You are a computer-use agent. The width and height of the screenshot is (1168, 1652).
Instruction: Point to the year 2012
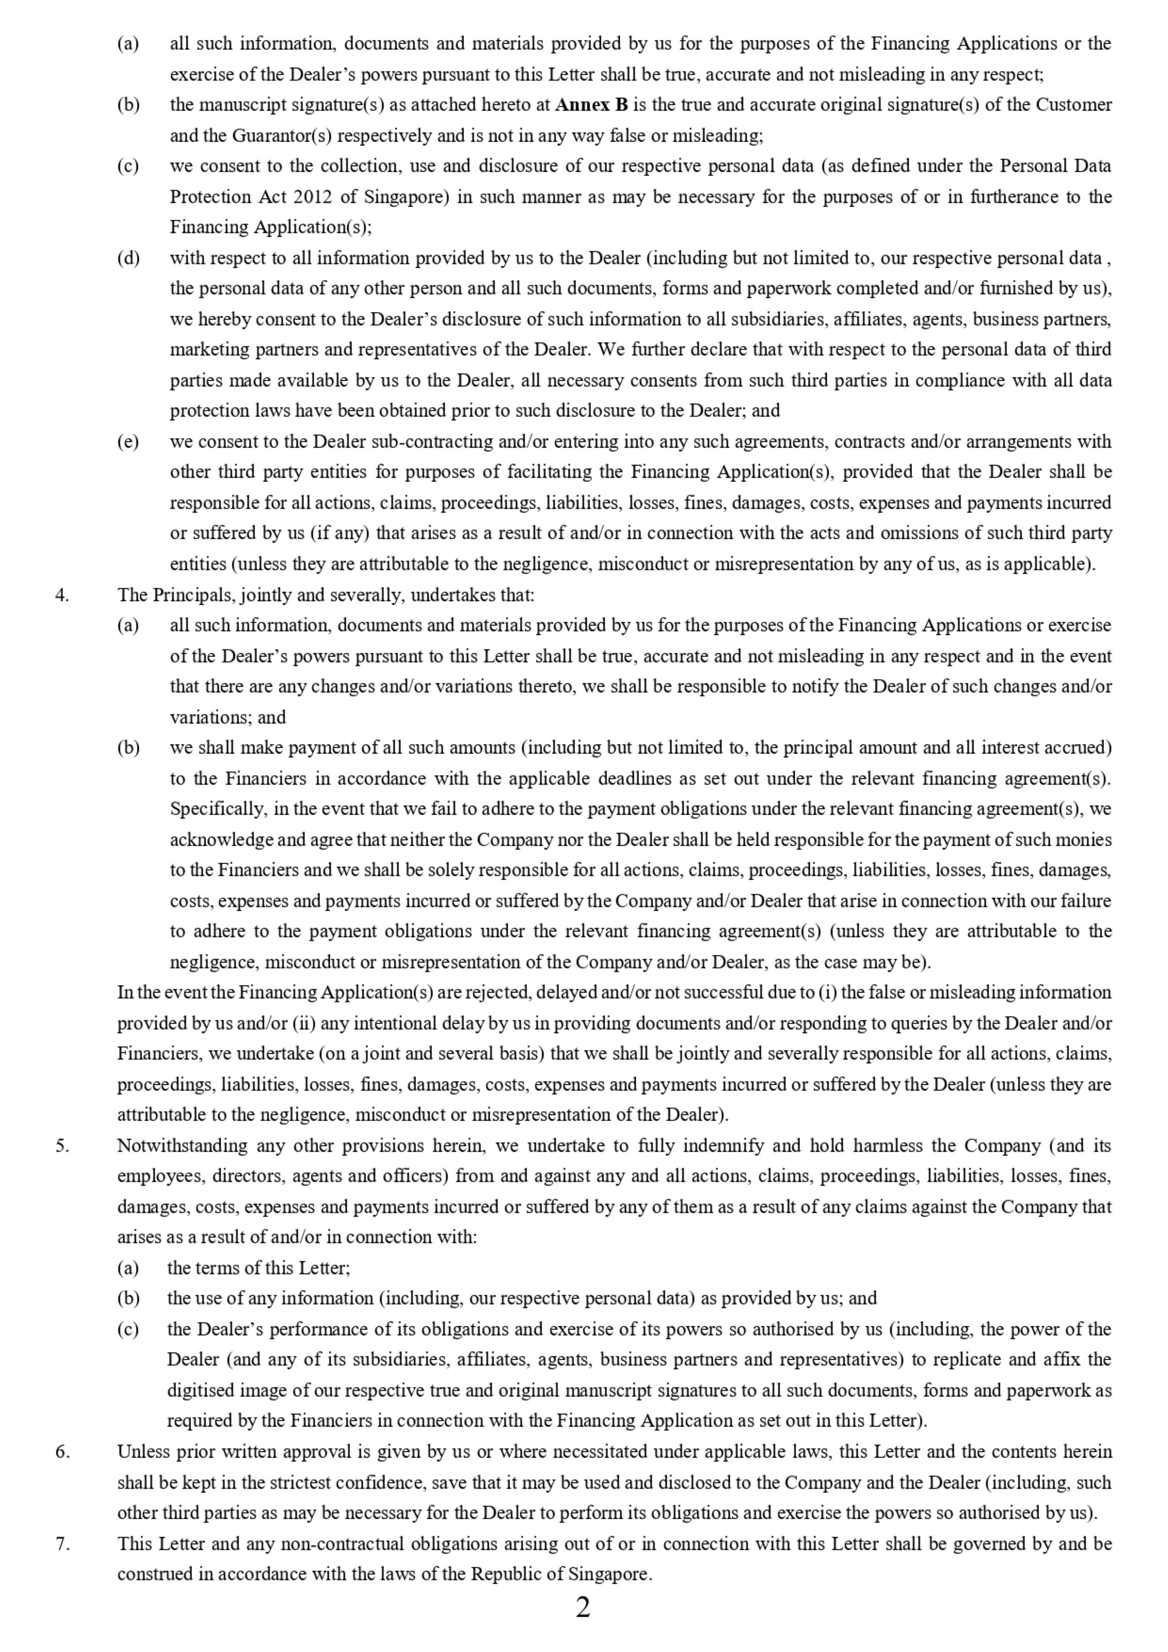tap(313, 197)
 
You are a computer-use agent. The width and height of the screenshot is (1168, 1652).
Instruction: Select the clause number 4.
tap(62, 595)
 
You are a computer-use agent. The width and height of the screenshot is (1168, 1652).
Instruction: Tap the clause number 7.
tap(62, 1543)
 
